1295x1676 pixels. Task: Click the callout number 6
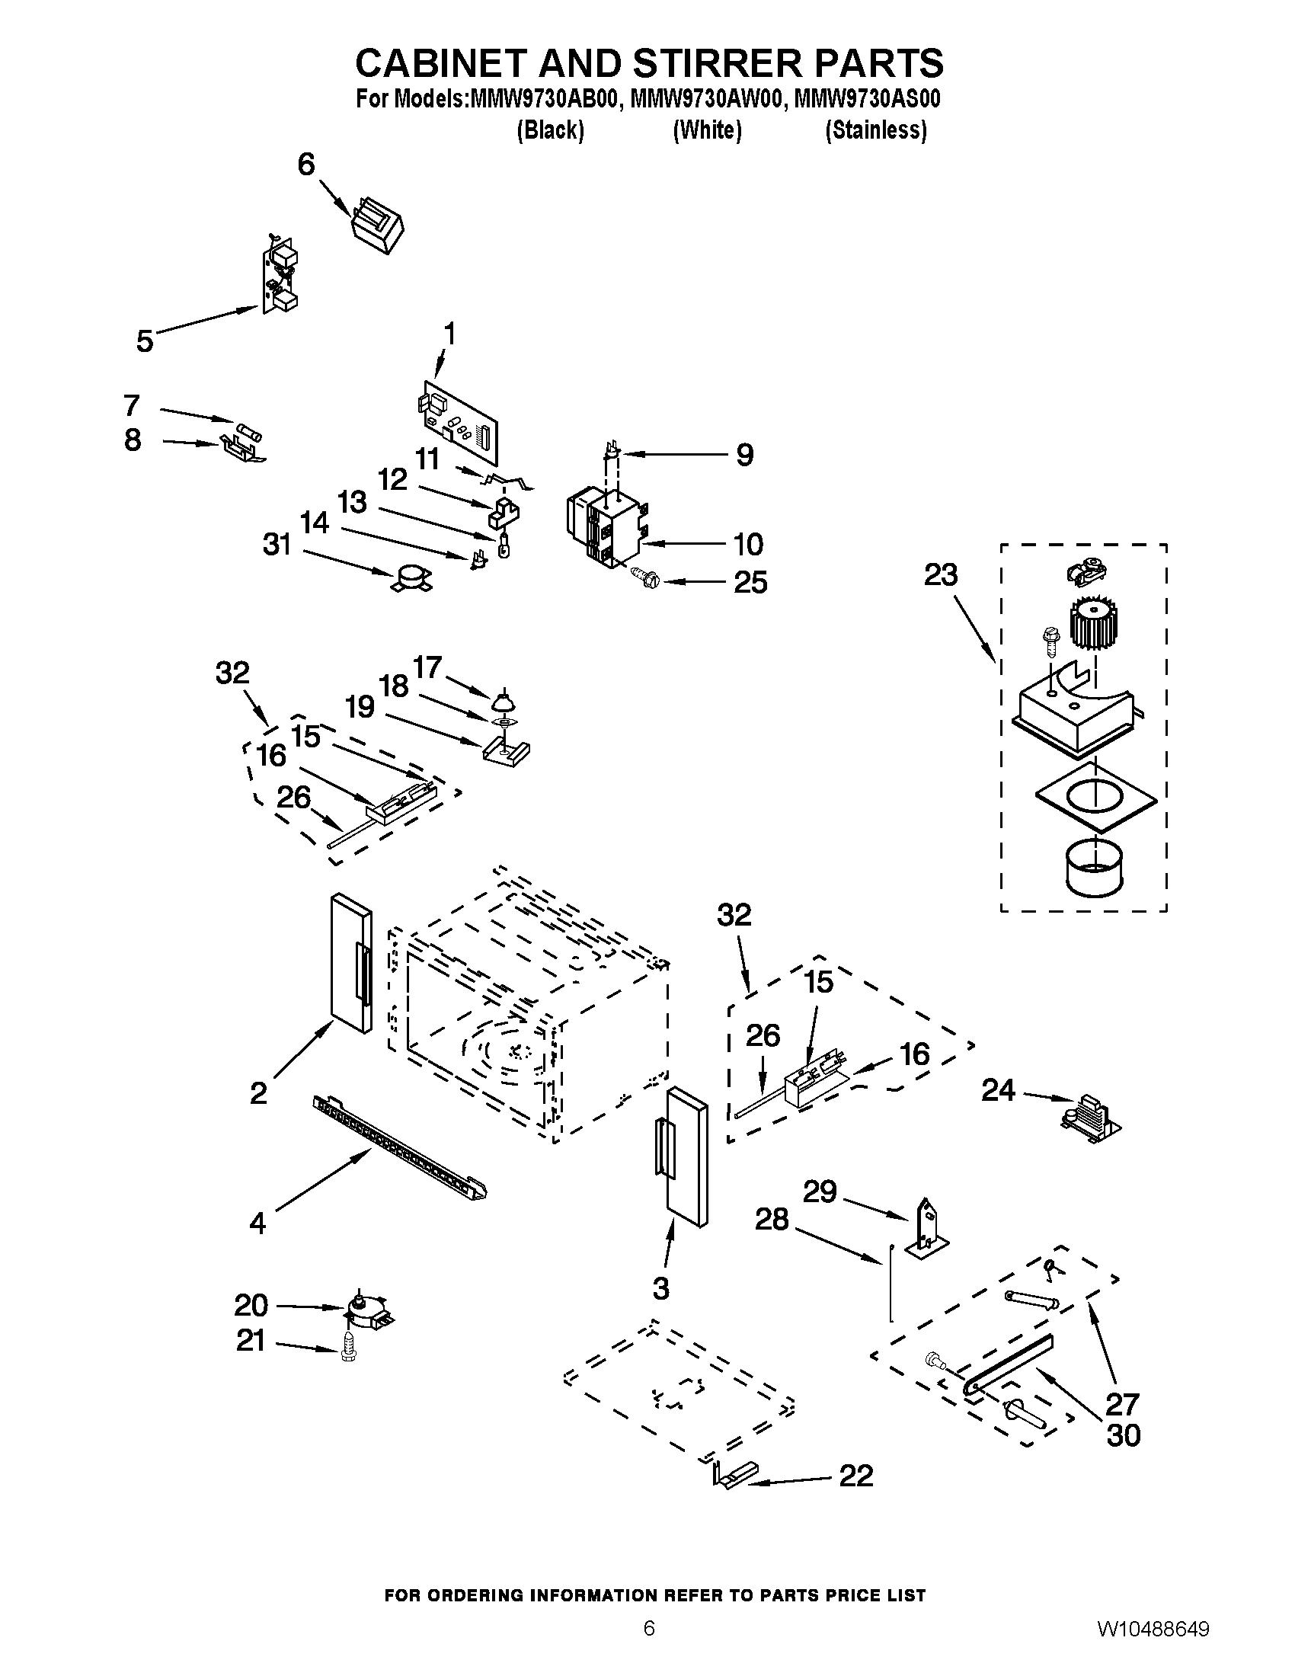(305, 164)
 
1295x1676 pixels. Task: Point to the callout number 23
(941, 574)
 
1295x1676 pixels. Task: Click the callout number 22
(855, 1476)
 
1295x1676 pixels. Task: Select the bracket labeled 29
(929, 1230)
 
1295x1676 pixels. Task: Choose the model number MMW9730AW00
(707, 100)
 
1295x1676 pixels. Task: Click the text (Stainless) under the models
(875, 130)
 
